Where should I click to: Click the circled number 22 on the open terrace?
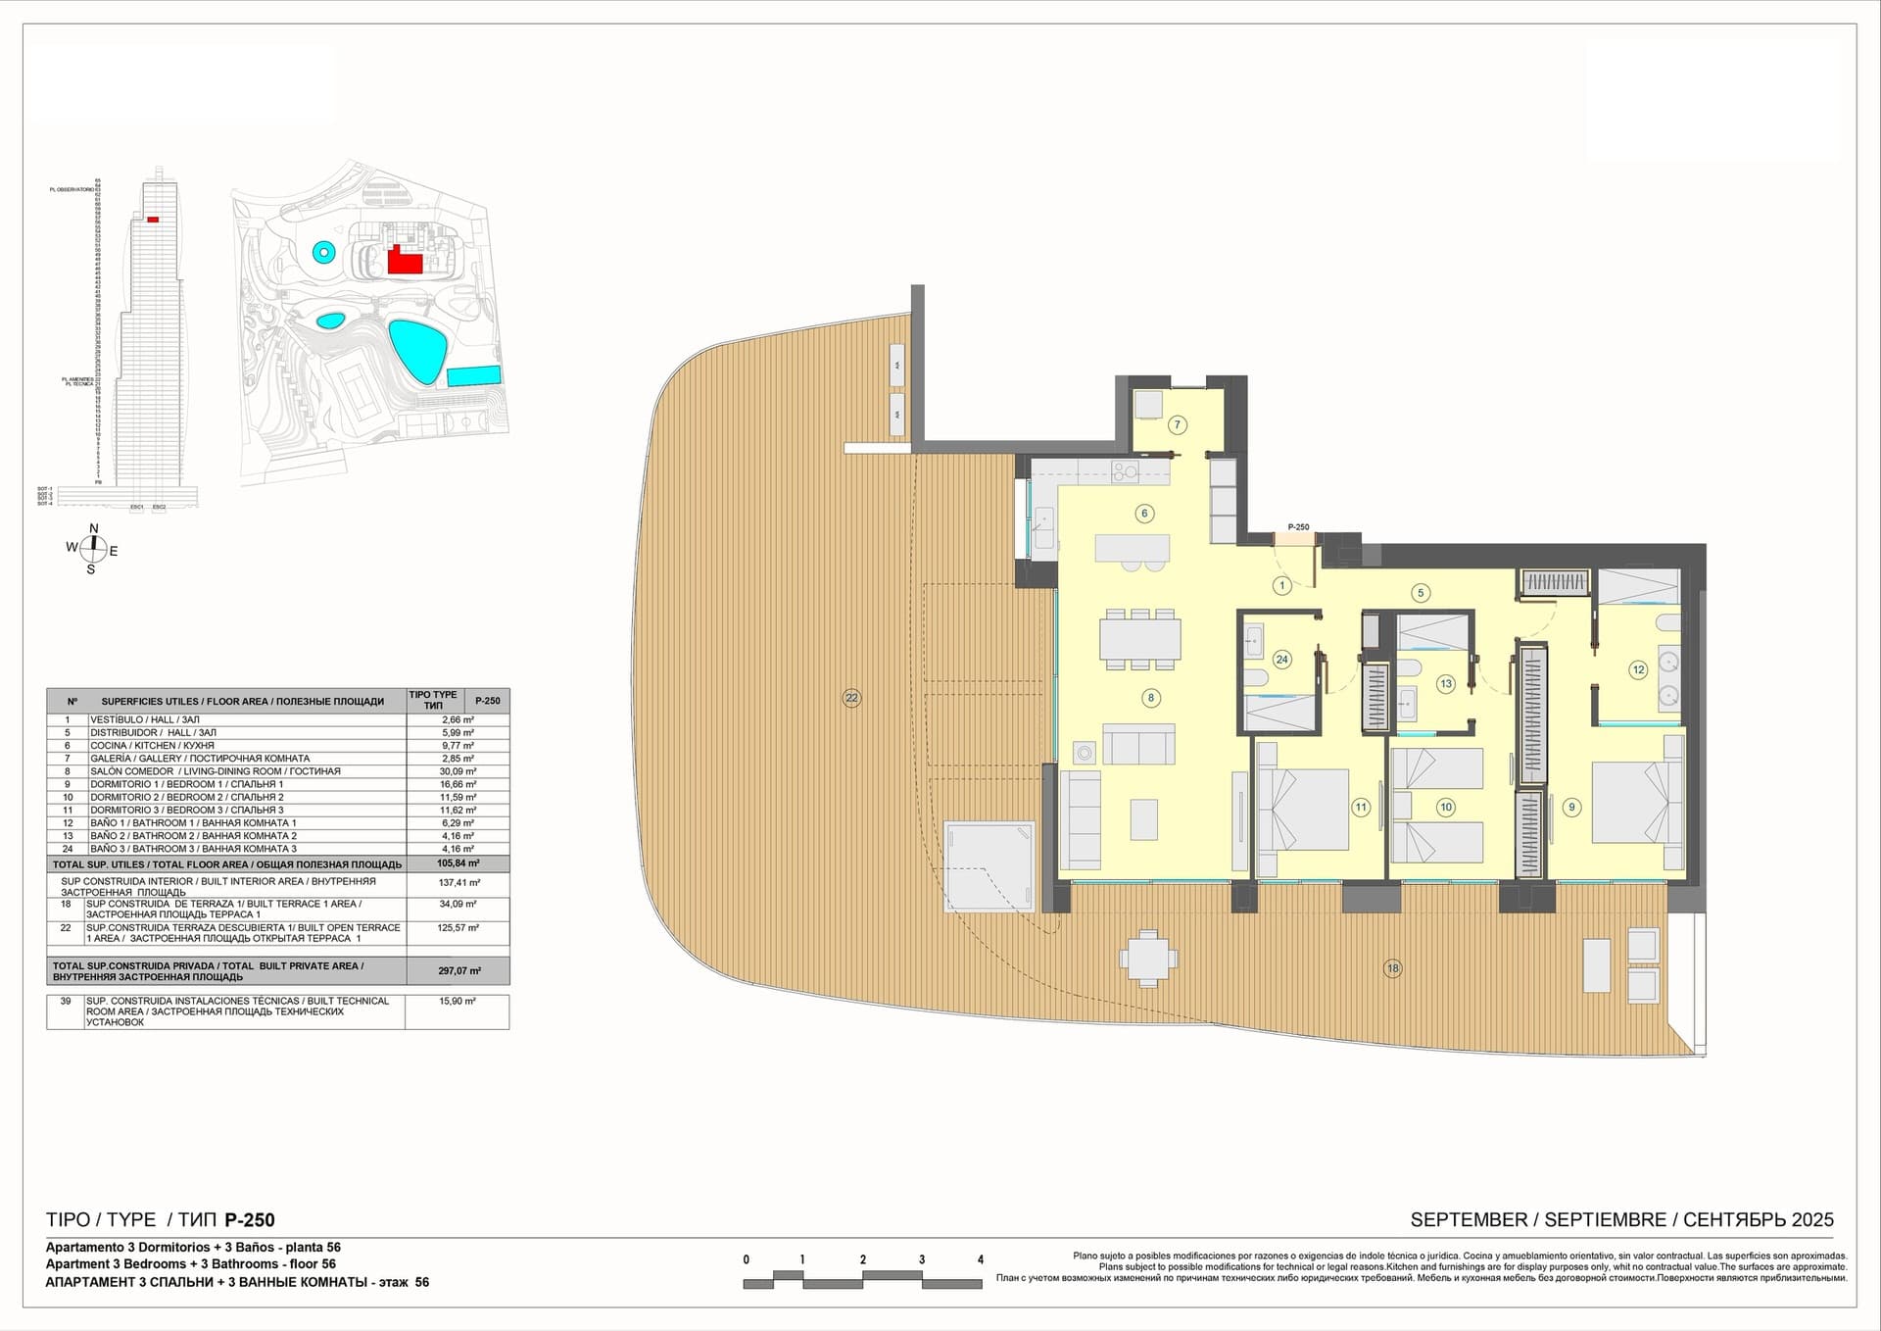tap(851, 698)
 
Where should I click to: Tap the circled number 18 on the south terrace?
tap(1392, 968)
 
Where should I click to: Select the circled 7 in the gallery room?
tap(1178, 424)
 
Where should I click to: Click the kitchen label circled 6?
tap(1143, 513)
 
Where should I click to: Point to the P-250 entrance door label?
tap(1298, 527)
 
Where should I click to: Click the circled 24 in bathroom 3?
tap(1281, 660)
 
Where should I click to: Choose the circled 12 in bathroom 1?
tap(1638, 670)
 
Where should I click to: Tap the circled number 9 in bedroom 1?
tap(1571, 808)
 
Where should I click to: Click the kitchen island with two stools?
tap(1133, 548)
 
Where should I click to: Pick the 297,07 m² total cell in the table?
tap(458, 971)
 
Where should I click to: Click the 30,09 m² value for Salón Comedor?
tap(458, 771)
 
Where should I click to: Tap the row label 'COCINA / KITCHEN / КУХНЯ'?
tap(152, 746)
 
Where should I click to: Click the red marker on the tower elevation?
tap(153, 220)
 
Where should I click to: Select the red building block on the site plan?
tap(403, 261)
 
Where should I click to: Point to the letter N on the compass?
tap(94, 529)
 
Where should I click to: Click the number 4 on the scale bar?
tap(980, 1260)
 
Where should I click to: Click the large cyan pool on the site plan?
tap(418, 350)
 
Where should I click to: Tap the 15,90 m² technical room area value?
tap(458, 1002)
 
